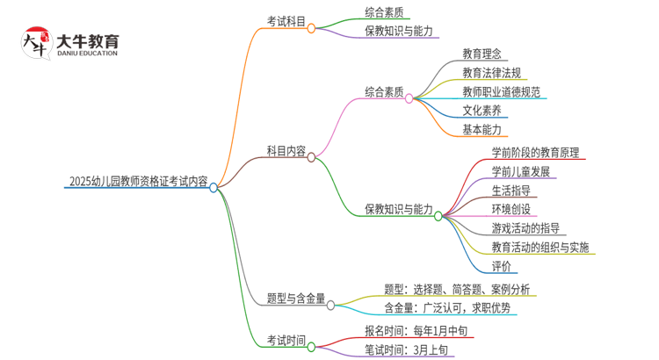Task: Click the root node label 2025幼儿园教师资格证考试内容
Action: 138,184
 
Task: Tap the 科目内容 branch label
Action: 286,151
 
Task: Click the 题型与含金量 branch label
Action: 296,299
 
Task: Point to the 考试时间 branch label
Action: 286,340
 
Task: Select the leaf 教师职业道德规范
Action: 501,92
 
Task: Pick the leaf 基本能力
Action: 482,130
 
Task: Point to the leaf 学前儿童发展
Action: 520,170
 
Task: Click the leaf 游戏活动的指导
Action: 526,227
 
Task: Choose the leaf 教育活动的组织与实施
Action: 540,247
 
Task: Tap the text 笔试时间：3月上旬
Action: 406,350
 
